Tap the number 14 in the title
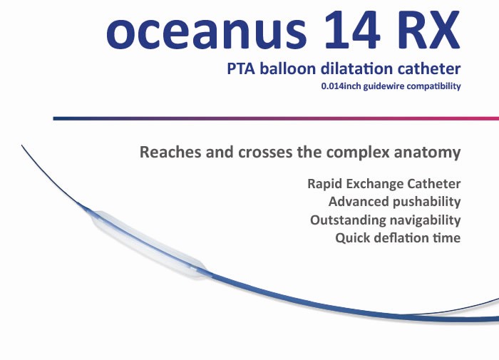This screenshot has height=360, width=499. (352, 29)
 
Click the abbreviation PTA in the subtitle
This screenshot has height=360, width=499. (241, 68)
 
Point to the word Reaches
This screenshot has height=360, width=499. (170, 152)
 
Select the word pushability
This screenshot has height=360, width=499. (426, 202)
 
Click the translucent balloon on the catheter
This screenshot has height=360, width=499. (148, 244)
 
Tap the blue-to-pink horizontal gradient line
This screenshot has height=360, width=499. (276, 119)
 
